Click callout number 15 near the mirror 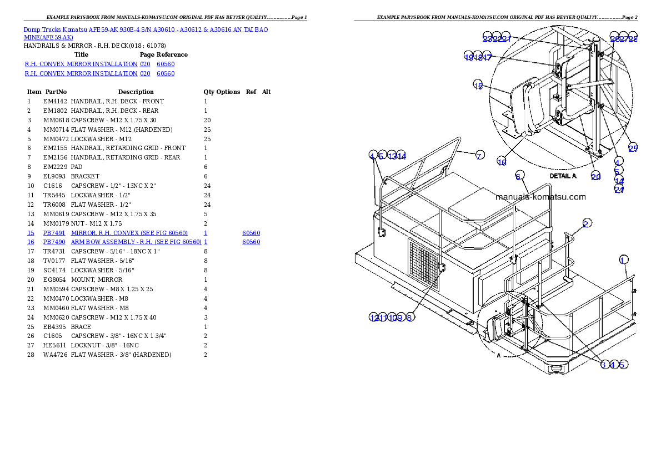[478, 84]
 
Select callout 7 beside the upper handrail [479, 156]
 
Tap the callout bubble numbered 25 [633, 148]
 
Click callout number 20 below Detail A [595, 176]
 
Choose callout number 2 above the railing [587, 223]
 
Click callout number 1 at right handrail [624, 260]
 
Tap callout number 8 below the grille [409, 317]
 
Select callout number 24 [619, 189]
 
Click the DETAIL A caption [563, 176]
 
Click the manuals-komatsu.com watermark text [540, 197]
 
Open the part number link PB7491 [54, 233]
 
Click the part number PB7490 [54, 242]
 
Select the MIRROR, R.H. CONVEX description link [129, 233]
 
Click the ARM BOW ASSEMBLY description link [136, 242]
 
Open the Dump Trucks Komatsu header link [146, 29]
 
